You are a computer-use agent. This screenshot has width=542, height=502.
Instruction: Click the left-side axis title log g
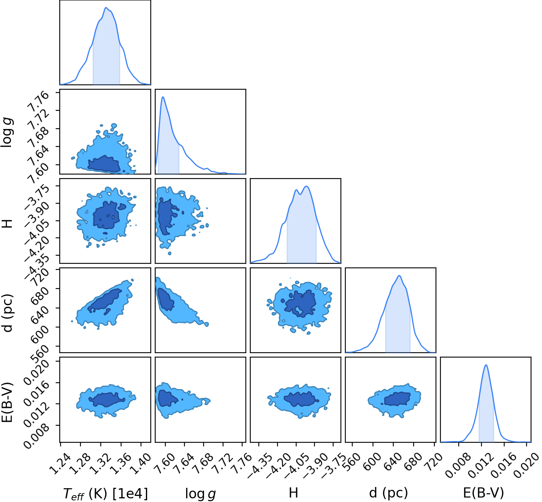(7, 132)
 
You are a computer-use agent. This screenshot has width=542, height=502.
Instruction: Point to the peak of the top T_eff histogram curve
(106, 7)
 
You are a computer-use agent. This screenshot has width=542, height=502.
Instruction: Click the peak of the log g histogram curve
(163, 97)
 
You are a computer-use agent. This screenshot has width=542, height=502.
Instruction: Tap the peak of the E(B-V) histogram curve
(486, 365)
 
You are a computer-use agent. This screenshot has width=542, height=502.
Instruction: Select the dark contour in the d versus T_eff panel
(104, 300)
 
